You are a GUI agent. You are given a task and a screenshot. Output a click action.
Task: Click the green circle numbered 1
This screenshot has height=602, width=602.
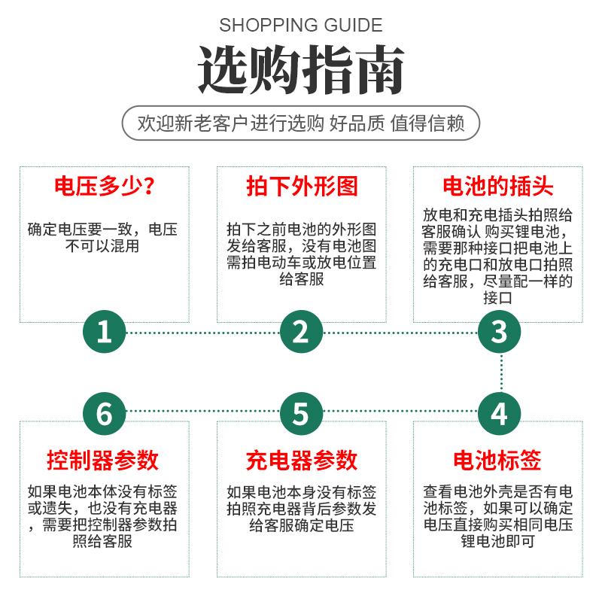[104, 332]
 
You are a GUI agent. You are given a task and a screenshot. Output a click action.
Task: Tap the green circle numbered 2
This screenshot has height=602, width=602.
[301, 332]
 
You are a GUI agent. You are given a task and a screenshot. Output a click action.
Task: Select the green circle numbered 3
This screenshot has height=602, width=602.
[499, 332]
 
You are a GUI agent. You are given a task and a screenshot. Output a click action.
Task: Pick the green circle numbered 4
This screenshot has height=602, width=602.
[499, 413]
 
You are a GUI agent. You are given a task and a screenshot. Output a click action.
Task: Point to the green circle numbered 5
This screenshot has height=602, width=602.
[301, 413]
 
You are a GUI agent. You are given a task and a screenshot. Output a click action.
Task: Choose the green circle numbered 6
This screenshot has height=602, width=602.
[104, 413]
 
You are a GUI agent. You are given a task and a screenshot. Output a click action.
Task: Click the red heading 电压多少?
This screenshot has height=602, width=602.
[104, 187]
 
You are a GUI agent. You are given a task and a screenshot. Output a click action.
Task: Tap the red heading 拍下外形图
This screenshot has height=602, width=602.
[301, 187]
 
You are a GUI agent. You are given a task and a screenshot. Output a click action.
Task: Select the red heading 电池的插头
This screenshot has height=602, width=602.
[498, 187]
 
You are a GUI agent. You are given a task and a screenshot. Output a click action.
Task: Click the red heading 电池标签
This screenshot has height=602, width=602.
[498, 460]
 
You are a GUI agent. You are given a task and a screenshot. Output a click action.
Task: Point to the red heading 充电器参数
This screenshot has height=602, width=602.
[301, 460]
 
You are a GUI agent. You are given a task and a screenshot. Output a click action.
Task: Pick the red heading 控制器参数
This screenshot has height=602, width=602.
[104, 460]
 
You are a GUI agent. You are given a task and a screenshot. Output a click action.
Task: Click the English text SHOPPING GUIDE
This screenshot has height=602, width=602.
[301, 25]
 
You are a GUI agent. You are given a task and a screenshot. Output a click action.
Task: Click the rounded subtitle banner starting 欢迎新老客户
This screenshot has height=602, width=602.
[301, 123]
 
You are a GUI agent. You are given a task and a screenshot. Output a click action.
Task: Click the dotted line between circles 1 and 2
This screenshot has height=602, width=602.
[202, 332]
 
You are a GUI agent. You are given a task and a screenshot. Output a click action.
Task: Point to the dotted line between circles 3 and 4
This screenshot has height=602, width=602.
[499, 372]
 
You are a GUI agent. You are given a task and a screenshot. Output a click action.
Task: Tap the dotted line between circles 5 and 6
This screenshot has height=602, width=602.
[202, 413]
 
